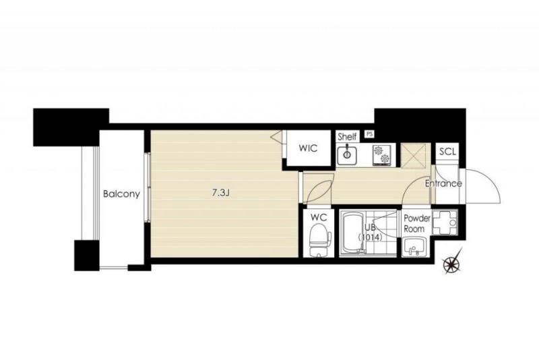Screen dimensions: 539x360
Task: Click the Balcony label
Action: click(121, 194)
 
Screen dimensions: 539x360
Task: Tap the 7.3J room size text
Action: click(220, 193)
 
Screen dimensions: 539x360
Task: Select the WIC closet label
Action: click(308, 148)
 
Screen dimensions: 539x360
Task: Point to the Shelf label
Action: click(347, 136)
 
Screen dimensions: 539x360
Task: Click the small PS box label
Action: click(369, 133)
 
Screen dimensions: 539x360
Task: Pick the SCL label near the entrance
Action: click(447, 151)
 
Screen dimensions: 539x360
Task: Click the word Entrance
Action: click(443, 183)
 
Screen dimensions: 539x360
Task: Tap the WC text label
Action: click(319, 217)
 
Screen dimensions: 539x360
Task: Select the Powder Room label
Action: click(416, 224)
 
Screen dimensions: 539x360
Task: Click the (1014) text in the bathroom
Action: click(371, 237)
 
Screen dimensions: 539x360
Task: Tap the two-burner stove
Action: click(381, 154)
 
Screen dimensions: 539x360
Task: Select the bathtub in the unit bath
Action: click(352, 233)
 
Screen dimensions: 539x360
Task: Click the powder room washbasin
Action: click(414, 247)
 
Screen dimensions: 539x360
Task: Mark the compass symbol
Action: click(451, 264)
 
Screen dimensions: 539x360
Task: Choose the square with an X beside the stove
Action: click(414, 156)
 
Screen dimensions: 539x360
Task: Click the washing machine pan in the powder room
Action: click(445, 222)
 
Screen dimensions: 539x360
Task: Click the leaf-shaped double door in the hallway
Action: click(319, 188)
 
